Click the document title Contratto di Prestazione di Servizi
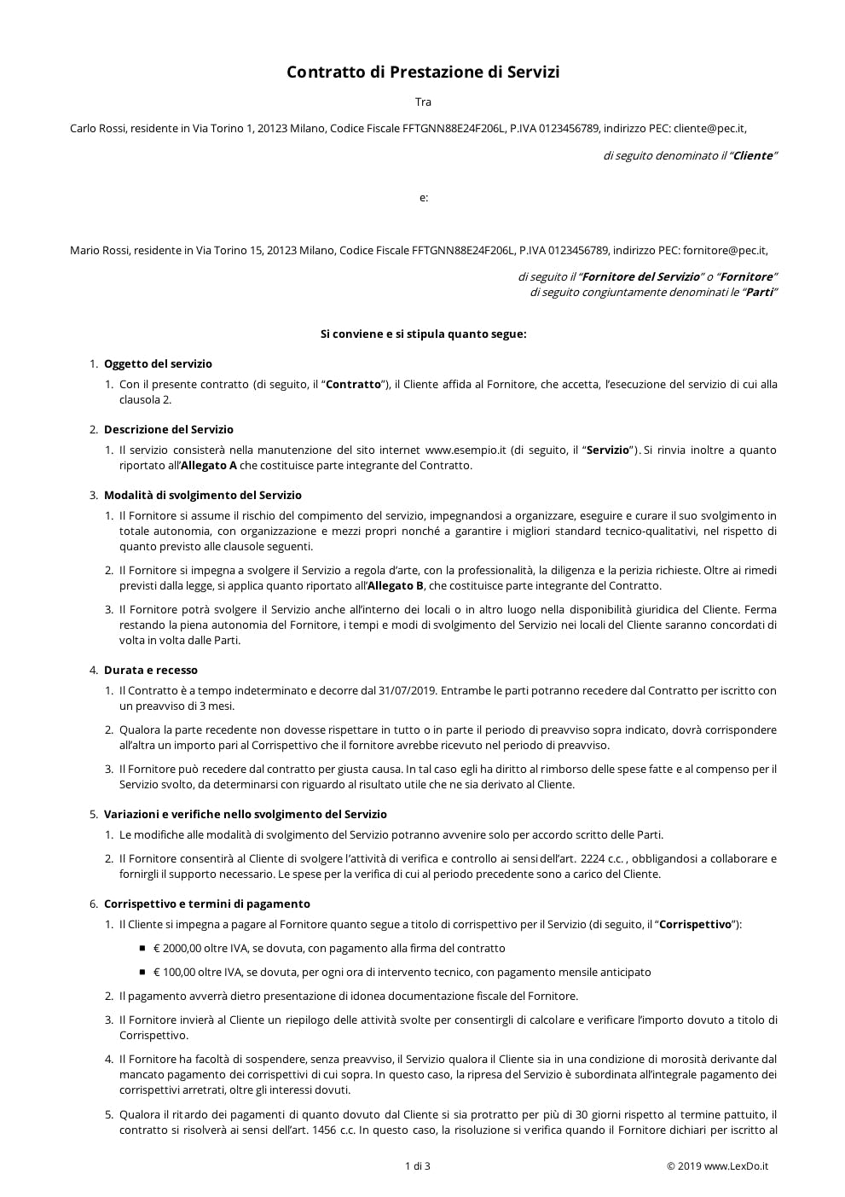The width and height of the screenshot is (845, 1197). pyautogui.click(x=423, y=73)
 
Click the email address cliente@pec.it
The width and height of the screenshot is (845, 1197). pyautogui.click(x=709, y=129)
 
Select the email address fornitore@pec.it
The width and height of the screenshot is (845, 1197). pyautogui.click(x=724, y=251)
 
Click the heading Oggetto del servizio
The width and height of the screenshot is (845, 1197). pyautogui.click(x=158, y=364)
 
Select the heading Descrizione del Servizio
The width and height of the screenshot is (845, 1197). pyautogui.click(x=168, y=430)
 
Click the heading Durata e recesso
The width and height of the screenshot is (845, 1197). pyautogui.click(x=150, y=671)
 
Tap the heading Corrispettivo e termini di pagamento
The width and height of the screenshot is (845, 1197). pyautogui.click(x=206, y=904)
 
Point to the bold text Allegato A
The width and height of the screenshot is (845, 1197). pyautogui.click(x=209, y=466)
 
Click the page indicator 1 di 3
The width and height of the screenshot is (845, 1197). pyautogui.click(x=417, y=1166)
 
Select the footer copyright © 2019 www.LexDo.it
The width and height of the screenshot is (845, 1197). pyautogui.click(x=717, y=1166)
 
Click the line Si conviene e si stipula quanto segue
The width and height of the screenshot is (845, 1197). pyautogui.click(x=423, y=334)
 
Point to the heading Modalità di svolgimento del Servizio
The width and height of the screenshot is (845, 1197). pyautogui.click(x=202, y=496)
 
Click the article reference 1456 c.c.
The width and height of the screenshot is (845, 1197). pyautogui.click(x=333, y=1130)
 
